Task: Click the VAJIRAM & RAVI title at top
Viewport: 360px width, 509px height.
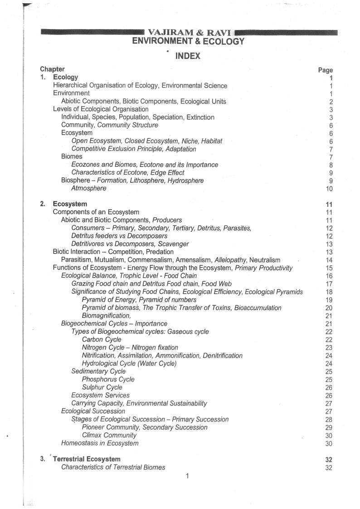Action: tap(190, 33)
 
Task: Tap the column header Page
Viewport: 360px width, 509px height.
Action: tap(326, 70)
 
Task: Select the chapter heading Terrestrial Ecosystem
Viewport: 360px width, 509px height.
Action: tap(87, 459)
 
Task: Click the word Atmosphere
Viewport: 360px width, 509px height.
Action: tap(89, 188)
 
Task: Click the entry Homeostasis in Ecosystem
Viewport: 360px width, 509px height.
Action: tap(100, 443)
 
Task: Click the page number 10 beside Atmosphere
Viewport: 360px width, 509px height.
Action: tap(329, 189)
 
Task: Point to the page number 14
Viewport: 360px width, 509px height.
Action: tap(329, 260)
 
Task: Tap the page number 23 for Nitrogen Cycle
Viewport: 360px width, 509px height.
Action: tap(329, 347)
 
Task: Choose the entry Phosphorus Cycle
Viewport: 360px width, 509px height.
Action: tap(108, 379)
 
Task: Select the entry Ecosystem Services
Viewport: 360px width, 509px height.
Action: tap(100, 395)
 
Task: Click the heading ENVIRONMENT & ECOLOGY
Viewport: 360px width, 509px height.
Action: tap(188, 41)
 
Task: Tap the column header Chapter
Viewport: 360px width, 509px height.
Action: tap(52, 69)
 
